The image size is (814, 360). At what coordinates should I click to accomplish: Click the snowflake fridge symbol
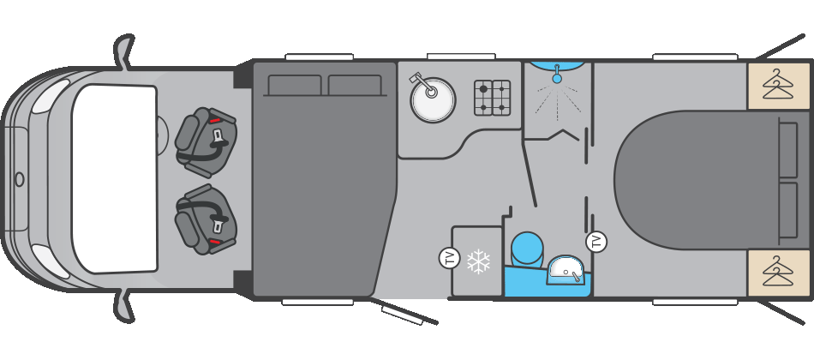click(x=478, y=261)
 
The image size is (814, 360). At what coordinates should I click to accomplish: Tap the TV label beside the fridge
click(x=450, y=258)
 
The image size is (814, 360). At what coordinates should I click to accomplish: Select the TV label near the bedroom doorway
click(x=596, y=242)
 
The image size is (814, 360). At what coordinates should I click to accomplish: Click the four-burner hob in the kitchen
click(x=492, y=98)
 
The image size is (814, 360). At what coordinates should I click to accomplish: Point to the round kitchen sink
click(x=433, y=99)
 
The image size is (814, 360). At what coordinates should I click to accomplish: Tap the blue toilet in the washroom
click(x=527, y=249)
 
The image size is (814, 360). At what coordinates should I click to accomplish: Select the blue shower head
click(x=557, y=75)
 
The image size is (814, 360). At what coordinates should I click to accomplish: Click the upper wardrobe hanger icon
click(x=778, y=85)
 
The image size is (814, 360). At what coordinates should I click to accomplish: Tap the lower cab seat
click(x=206, y=219)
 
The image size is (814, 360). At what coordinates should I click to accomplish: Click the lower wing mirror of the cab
click(x=123, y=307)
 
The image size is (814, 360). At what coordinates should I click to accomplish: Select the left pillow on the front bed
click(x=295, y=85)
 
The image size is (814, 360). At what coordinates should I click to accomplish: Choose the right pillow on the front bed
click(x=355, y=85)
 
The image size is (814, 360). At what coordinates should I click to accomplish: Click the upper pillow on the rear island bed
click(x=788, y=148)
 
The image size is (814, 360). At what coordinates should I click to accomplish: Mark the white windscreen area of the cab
click(x=114, y=179)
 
